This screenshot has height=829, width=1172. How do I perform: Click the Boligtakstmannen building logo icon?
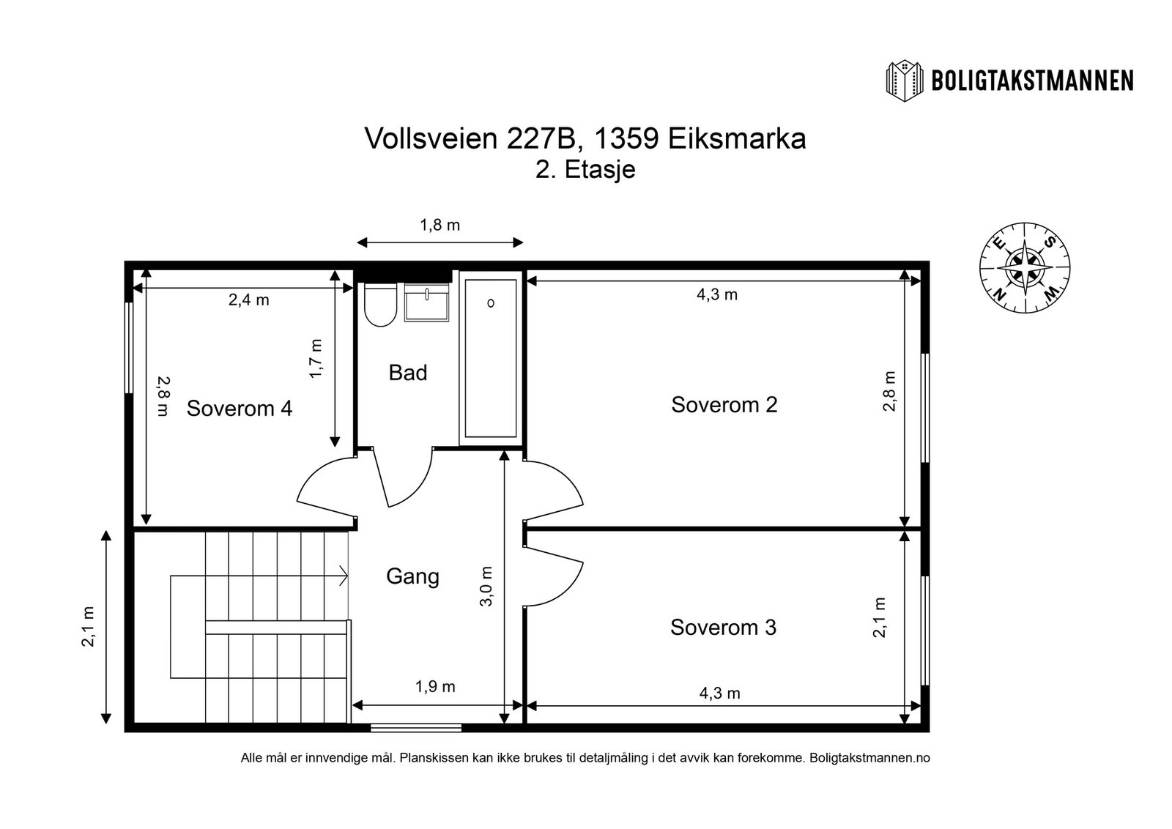pos(905,80)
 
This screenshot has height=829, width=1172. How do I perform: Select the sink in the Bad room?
pos(427,303)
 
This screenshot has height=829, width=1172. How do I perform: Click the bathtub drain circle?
pos(491,302)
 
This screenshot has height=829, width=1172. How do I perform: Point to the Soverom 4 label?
pos(239,409)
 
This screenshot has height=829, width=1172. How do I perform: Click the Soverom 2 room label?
pos(724,404)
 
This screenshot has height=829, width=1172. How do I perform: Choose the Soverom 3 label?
pos(723,628)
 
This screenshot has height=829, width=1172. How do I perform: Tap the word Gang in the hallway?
pos(412,576)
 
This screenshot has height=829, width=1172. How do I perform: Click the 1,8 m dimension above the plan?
pos(439,225)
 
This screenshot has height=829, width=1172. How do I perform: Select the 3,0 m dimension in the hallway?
pos(486,587)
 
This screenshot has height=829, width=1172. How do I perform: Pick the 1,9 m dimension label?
pos(435,687)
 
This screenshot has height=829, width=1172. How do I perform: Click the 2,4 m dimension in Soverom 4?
pos(248,300)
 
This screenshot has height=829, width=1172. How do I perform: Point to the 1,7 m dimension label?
pos(316,358)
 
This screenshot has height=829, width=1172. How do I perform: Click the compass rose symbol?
pos(1024,267)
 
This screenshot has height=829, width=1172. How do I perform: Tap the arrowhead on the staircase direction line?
pos(344,576)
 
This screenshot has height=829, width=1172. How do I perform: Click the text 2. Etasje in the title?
pos(585,169)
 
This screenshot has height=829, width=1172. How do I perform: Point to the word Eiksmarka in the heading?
pos(736,138)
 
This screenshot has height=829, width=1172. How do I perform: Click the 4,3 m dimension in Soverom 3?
pos(719,693)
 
